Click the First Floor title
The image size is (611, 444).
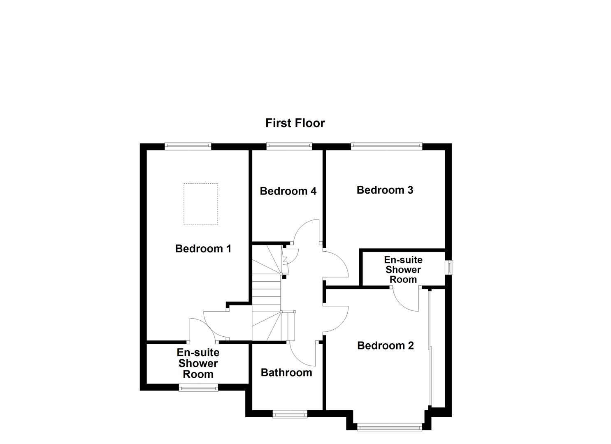(x=295, y=123)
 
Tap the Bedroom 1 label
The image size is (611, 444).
(x=203, y=249)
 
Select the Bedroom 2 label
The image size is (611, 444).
(x=385, y=346)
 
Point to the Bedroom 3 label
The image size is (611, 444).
(x=385, y=190)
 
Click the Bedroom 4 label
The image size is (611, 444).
(x=288, y=191)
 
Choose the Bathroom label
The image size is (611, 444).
(x=286, y=373)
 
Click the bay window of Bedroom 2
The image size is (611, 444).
(x=389, y=428)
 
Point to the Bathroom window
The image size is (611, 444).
(x=290, y=414)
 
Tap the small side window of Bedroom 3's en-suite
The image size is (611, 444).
(x=450, y=268)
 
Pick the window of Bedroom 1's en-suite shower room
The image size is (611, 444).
(x=198, y=387)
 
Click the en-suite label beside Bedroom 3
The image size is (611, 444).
(x=403, y=270)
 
